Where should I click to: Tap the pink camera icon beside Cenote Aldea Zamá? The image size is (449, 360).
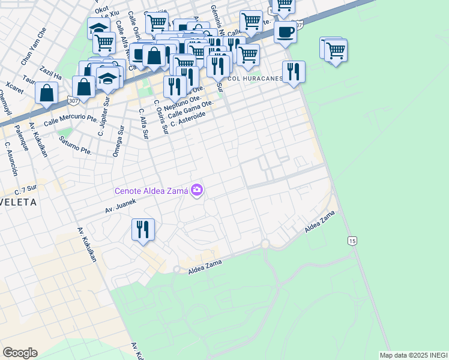tap(197, 191)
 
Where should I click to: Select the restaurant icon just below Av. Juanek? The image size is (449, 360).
tap(143, 230)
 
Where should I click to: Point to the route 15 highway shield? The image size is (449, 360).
tap(352, 241)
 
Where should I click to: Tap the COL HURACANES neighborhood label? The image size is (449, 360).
tap(255, 79)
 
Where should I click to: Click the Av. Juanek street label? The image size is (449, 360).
tap(122, 206)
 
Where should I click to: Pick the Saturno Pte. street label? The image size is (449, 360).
tap(75, 146)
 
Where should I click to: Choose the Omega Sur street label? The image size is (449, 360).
tap(118, 141)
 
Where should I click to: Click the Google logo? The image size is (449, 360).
tap(20, 353)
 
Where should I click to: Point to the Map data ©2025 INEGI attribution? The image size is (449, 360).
tap(414, 355)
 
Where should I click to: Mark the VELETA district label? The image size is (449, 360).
tap(18, 203)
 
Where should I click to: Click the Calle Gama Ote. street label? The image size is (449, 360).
tap(191, 110)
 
